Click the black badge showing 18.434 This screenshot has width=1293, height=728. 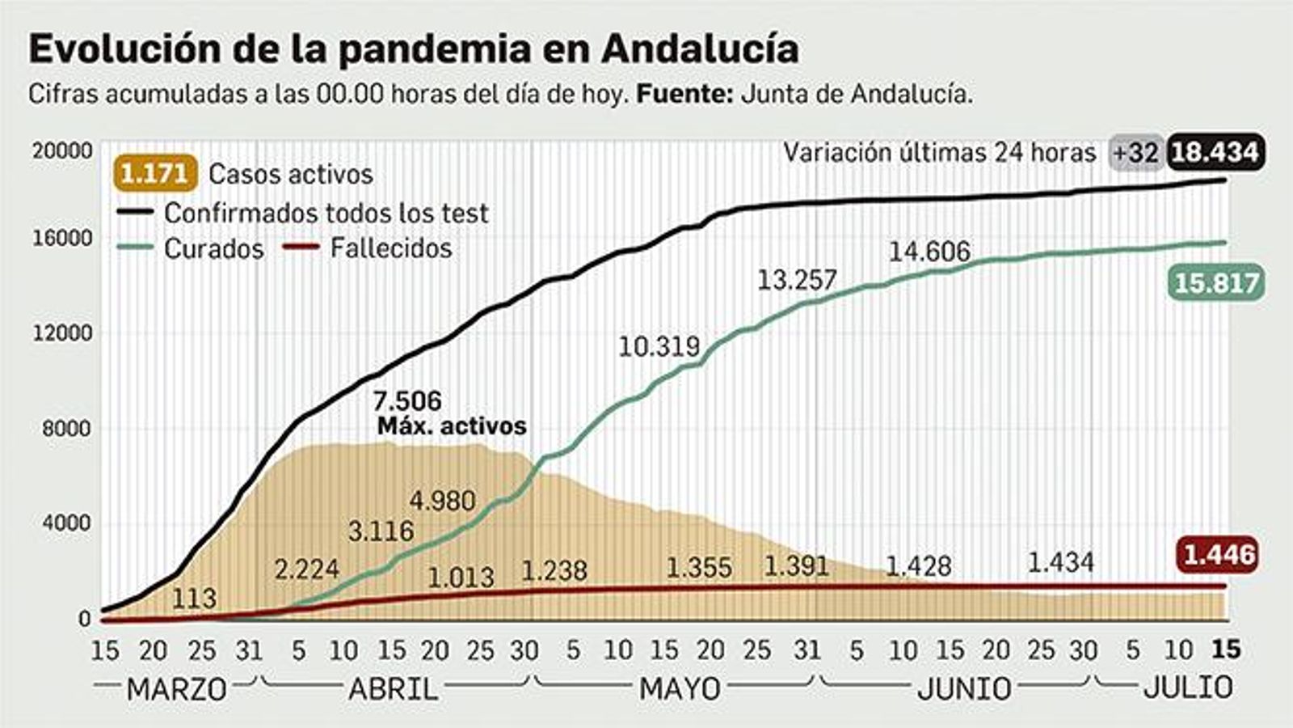click(x=1215, y=152)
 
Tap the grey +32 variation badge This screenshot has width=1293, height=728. click(x=1135, y=152)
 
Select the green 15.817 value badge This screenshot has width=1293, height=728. click(x=1215, y=283)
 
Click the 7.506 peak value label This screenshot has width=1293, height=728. click(x=407, y=400)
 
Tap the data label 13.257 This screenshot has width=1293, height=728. click(x=797, y=280)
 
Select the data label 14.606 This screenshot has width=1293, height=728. click(x=929, y=252)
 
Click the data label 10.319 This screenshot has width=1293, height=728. click(x=659, y=346)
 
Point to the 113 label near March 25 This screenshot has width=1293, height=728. click(x=194, y=598)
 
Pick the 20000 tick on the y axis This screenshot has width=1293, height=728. click(x=62, y=151)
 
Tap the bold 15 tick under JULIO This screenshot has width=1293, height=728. click(x=1227, y=649)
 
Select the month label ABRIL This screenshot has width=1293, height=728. click(x=393, y=688)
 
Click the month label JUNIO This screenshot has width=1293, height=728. click(x=964, y=688)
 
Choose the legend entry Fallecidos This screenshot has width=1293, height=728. click(x=391, y=248)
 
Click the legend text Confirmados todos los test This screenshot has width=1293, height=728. click(x=326, y=213)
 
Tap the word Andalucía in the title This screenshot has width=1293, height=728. click(x=700, y=49)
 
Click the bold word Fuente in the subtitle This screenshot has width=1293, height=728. click(x=684, y=94)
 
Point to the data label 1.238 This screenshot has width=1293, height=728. click(x=554, y=570)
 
